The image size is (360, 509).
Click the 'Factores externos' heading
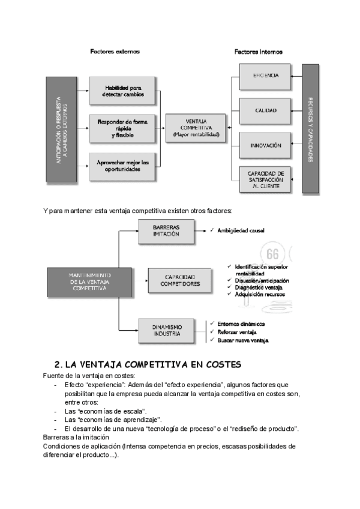[x=115, y=52]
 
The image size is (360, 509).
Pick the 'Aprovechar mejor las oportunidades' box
[x=123, y=166]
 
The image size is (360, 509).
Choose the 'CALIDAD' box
[x=265, y=110]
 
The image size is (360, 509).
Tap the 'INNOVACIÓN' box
[x=265, y=146]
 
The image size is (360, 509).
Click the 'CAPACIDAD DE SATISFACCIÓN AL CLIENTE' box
[x=265, y=180]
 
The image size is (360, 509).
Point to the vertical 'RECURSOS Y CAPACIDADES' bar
[x=310, y=128]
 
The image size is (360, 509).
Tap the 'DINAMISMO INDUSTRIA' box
[x=166, y=330]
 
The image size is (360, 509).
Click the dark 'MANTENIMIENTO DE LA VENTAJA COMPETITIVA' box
[x=82, y=282]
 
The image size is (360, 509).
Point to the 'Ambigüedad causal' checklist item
[x=241, y=230]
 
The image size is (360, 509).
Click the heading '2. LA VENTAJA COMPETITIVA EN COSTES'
[x=147, y=364]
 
